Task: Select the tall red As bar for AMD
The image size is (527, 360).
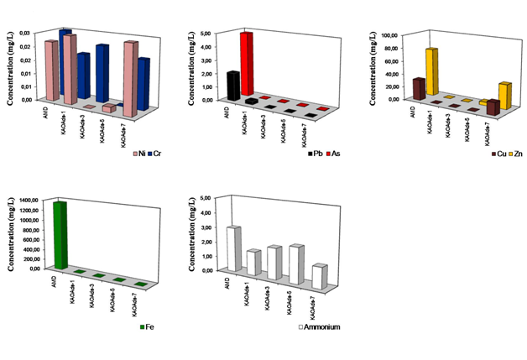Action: point(246,63)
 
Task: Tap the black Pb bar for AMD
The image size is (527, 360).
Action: point(233,86)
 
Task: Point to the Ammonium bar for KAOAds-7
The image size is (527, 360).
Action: point(319,278)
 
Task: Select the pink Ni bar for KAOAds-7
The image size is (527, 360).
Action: point(129,77)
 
